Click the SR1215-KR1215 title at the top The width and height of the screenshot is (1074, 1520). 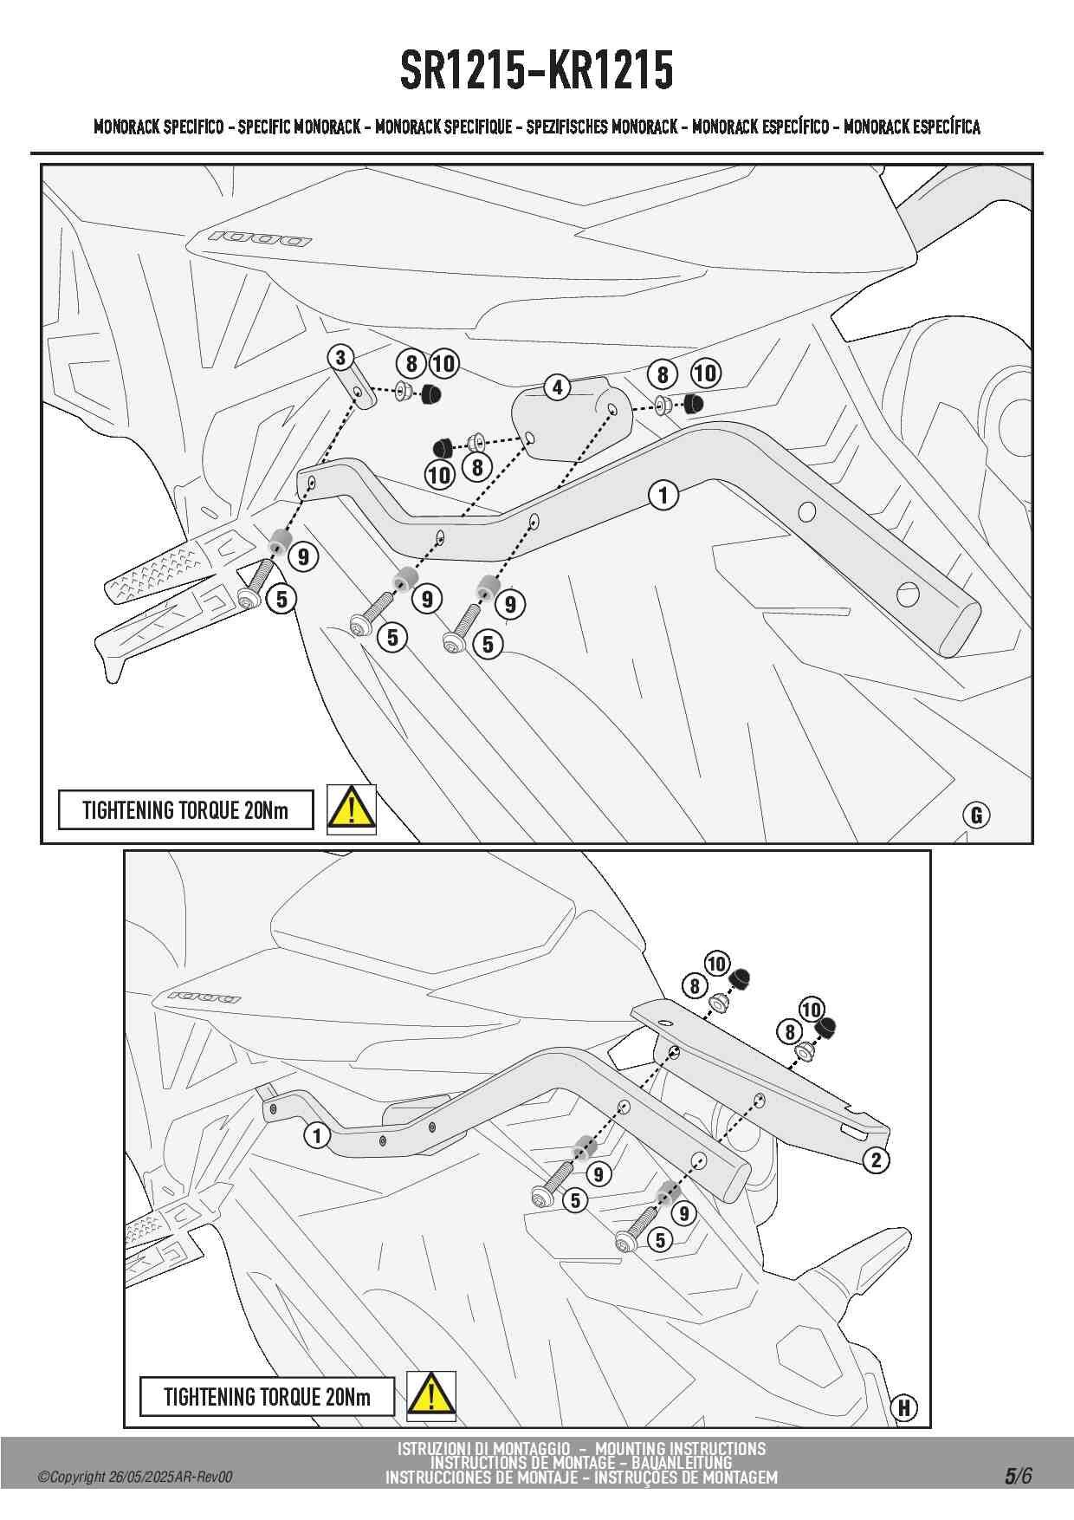(536, 70)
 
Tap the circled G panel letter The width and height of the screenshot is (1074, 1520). (976, 815)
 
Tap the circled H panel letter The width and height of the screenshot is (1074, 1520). (904, 1407)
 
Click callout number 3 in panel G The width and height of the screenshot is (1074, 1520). (340, 357)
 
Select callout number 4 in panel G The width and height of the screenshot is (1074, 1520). (557, 387)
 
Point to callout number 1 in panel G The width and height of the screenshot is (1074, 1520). (663, 495)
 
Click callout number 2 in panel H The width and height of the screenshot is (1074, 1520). (876, 1159)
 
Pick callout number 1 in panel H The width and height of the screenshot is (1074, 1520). (317, 1135)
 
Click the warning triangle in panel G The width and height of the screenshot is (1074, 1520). (351, 809)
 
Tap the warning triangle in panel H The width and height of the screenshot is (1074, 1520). (430, 1395)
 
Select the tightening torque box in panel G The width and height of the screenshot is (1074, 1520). (185, 810)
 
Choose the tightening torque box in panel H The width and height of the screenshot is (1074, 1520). (267, 1396)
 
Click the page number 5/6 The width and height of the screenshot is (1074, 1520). (1018, 1476)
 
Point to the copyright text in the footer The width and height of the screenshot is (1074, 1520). (135, 1478)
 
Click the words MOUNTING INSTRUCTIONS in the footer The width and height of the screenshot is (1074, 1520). (680, 1448)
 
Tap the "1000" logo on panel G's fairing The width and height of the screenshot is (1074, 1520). (259, 237)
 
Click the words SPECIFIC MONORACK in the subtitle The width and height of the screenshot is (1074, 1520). (299, 127)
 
